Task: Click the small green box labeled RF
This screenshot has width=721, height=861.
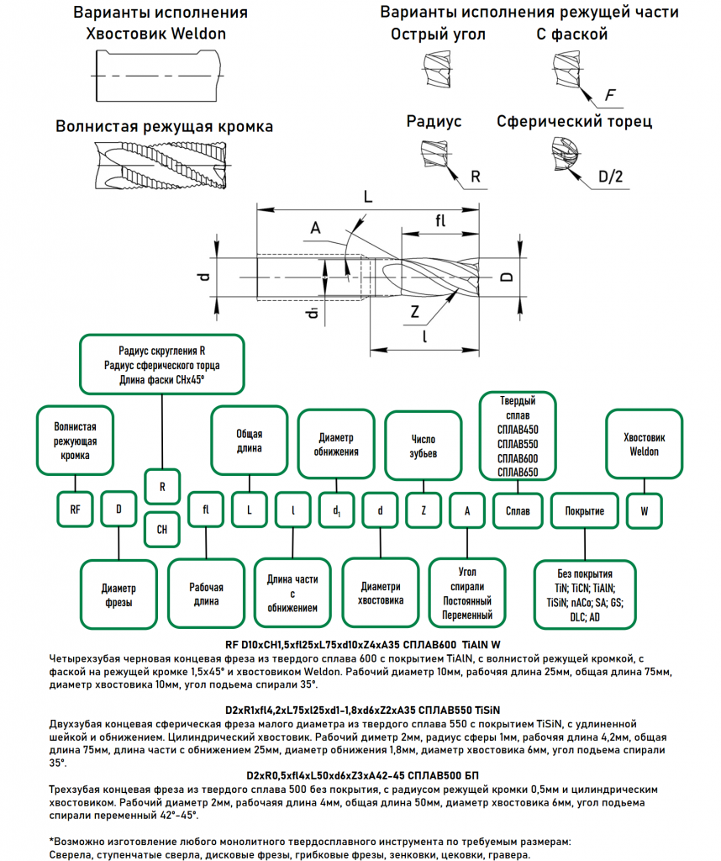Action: click(76, 510)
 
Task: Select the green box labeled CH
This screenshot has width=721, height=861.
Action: click(162, 529)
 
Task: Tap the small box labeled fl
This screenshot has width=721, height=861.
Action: click(206, 510)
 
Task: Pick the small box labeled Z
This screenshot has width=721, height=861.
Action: click(424, 510)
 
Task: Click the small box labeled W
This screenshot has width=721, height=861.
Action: click(645, 510)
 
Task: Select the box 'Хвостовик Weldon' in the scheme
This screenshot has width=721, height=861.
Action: click(645, 444)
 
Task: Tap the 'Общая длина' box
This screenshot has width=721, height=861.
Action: click(249, 441)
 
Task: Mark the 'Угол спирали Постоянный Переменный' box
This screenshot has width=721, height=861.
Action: click(467, 593)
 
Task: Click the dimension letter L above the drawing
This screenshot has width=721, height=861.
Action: click(367, 197)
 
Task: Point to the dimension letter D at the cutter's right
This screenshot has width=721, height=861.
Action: click(505, 277)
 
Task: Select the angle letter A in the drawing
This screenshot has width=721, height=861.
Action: click(316, 228)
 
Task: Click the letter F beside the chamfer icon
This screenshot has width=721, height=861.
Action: click(609, 94)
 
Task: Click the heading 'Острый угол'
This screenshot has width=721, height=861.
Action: click(438, 35)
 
